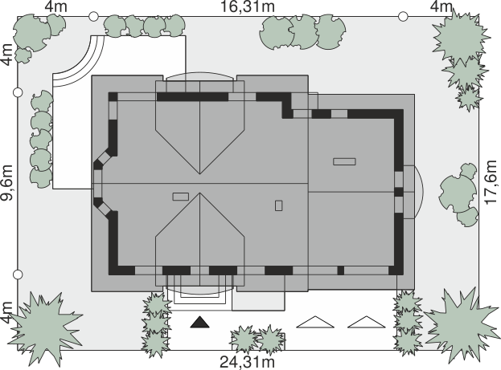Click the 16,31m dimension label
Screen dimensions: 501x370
tap(248, 6)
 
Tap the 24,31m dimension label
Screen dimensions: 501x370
tap(248, 362)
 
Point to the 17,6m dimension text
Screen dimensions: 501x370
tap(492, 182)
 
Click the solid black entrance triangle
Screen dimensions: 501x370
tap(199, 323)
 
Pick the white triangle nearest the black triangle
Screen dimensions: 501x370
tap(315, 322)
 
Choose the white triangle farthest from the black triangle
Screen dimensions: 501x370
tap(367, 322)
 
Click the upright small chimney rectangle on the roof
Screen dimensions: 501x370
tap(278, 205)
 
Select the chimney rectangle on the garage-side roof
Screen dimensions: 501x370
tap(344, 161)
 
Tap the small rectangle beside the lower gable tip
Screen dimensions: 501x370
tap(181, 197)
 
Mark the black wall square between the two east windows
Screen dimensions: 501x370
tap(399, 192)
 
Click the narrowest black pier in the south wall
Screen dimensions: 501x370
tap(341, 270)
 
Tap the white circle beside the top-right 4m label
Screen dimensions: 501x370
tap(403, 16)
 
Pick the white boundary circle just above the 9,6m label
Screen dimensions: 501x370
tap(18, 92)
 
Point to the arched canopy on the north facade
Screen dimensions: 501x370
tap(199, 76)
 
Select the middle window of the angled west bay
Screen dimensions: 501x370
tap(97, 184)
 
